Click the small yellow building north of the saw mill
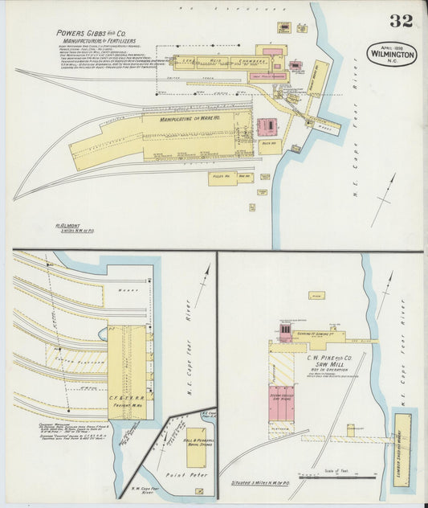[316, 296]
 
